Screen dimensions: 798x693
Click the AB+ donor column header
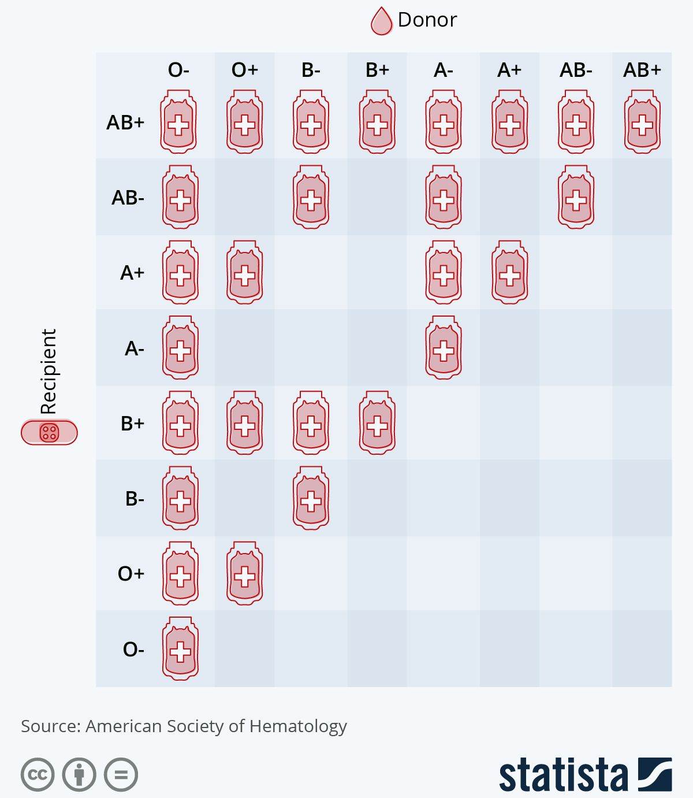click(642, 70)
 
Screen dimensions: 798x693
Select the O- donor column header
click(178, 70)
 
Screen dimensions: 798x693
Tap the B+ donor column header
click(377, 70)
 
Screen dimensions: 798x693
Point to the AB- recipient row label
click(128, 198)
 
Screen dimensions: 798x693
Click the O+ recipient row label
click(131, 573)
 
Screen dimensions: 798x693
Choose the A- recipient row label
click(135, 348)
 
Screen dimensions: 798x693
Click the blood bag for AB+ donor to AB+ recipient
click(642, 122)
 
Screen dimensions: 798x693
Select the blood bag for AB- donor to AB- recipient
click(576, 198)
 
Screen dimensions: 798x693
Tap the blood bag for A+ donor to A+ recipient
click(509, 273)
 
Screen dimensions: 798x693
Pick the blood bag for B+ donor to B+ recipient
click(377, 423)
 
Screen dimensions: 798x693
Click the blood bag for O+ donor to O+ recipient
click(244, 573)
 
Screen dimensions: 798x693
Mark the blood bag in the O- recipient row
click(180, 648)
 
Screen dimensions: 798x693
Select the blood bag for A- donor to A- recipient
click(444, 348)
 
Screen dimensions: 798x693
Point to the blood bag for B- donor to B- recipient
click(311, 498)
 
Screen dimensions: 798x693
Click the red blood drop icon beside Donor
click(381, 21)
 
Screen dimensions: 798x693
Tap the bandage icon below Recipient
click(49, 432)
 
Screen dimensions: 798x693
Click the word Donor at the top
click(427, 20)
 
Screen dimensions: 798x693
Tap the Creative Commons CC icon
click(38, 774)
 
